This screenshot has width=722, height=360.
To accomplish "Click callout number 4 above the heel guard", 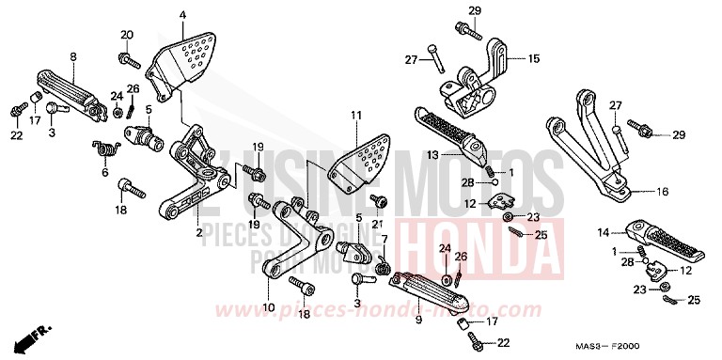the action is click(182, 15).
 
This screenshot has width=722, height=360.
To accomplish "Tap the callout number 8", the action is click(71, 55).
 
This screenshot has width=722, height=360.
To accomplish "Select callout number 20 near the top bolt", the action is click(125, 35).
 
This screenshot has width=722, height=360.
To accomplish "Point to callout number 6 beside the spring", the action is click(104, 173).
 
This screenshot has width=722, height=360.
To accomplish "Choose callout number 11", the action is click(356, 115).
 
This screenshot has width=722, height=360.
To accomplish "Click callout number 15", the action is click(534, 58).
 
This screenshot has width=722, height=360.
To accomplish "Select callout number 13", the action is click(432, 153).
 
